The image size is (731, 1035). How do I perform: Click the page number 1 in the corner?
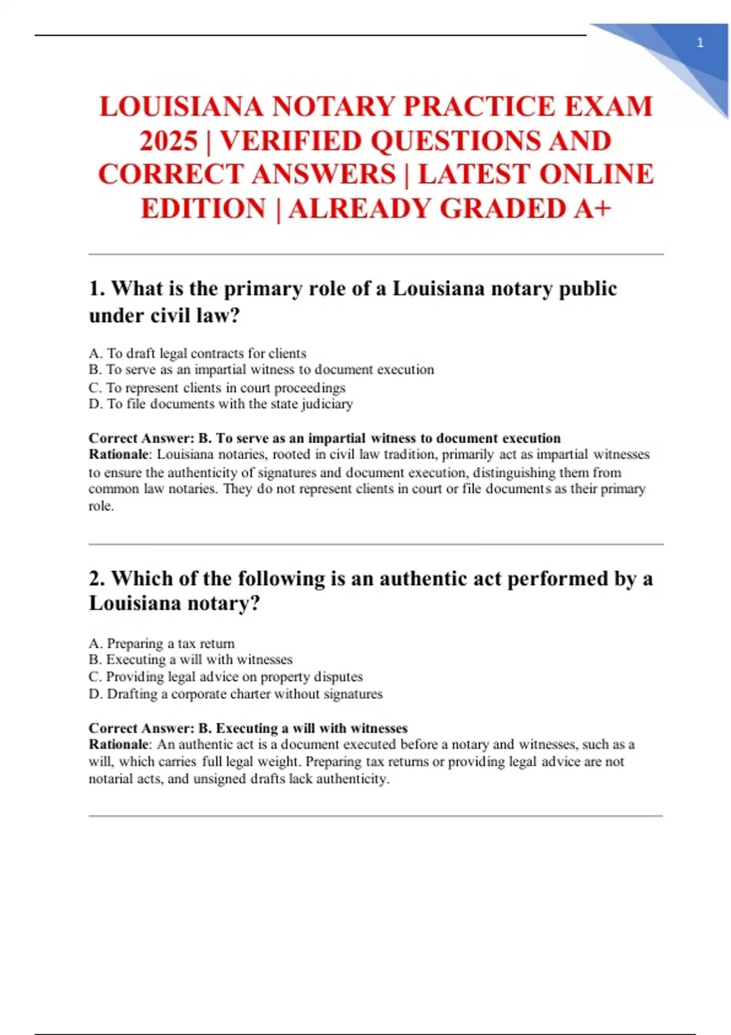coord(700,43)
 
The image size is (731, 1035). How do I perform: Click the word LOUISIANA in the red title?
coord(181,107)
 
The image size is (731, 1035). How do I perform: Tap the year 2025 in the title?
coord(169,141)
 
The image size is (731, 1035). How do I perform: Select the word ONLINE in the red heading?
coord(596,175)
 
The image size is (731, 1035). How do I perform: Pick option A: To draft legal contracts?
coord(197,353)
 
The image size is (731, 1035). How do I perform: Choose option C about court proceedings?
coord(217,388)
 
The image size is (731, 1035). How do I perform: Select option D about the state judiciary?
coord(221,404)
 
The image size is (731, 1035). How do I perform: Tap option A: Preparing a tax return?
coord(161,644)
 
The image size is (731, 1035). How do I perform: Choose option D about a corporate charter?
coord(235,694)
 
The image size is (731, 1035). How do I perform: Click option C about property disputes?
coord(225,677)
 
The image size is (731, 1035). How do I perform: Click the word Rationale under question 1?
coord(119,454)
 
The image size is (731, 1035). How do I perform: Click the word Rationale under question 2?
coord(119,744)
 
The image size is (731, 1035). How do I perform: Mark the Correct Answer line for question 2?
coord(248,728)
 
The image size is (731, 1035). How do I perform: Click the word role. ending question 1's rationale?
coord(101,506)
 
